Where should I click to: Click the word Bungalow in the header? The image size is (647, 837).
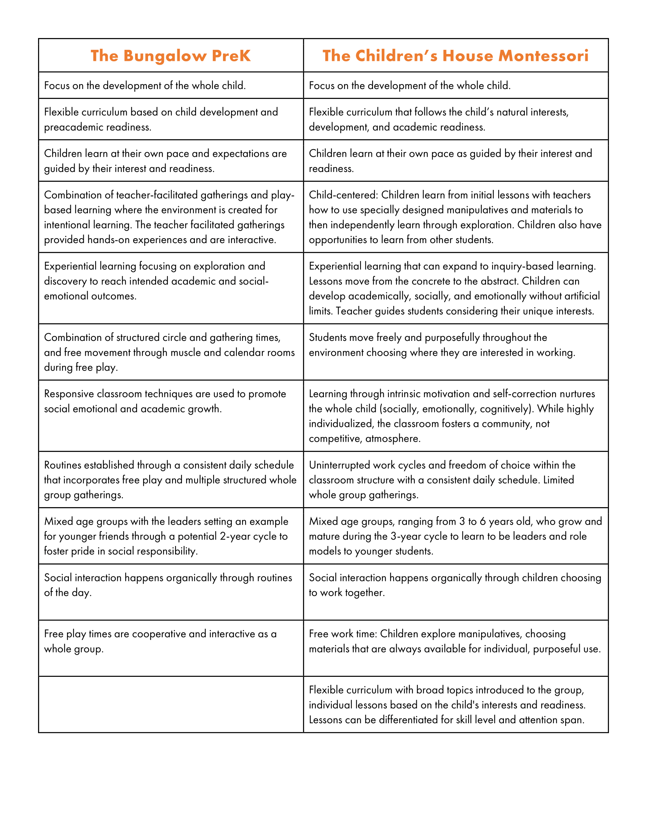pos(165,56)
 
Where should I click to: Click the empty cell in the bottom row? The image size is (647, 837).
pos(171,704)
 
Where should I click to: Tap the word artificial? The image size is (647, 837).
pos(575,296)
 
